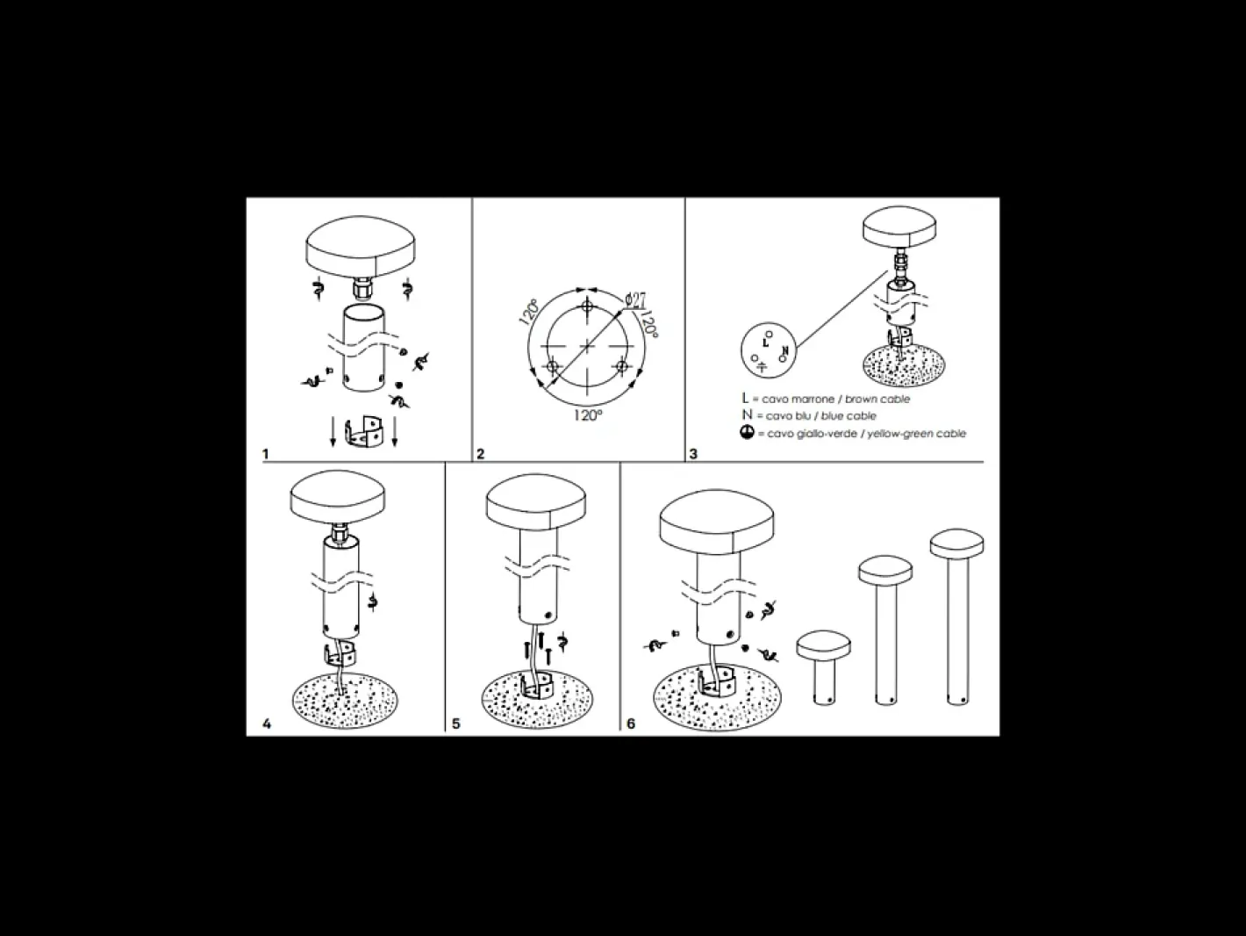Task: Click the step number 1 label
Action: pyautogui.click(x=265, y=454)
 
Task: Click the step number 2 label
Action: pyautogui.click(x=480, y=454)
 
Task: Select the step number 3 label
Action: pyautogui.click(x=693, y=454)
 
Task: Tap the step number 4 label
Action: pyautogui.click(x=267, y=724)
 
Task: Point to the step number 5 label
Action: pyautogui.click(x=455, y=724)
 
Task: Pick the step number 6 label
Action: pyautogui.click(x=631, y=724)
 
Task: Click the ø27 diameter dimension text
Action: pyautogui.click(x=636, y=300)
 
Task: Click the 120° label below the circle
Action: pyautogui.click(x=588, y=415)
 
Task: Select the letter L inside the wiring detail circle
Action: pyautogui.click(x=765, y=343)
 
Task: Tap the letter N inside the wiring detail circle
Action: pyautogui.click(x=785, y=351)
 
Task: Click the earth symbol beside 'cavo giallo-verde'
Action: pyautogui.click(x=747, y=433)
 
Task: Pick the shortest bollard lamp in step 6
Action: pyautogui.click(x=824, y=668)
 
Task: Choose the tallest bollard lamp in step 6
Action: pyautogui.click(x=957, y=616)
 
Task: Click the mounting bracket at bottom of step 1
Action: pyautogui.click(x=364, y=432)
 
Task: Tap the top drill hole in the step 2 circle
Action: pyautogui.click(x=588, y=306)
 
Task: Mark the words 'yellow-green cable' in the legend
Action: pyautogui.click(x=916, y=434)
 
